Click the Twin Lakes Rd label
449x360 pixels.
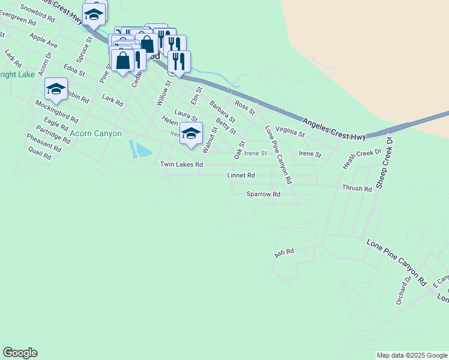click(x=181, y=164)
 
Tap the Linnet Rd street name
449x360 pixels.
click(x=241, y=176)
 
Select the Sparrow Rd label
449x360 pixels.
click(x=264, y=194)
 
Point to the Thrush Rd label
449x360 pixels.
click(x=357, y=188)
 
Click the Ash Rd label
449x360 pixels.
click(x=284, y=253)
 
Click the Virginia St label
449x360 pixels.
click(x=291, y=131)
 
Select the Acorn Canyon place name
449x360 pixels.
click(x=96, y=134)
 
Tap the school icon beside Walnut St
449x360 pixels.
click(x=191, y=133)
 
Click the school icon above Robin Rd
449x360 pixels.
click(x=56, y=89)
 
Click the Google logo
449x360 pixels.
click(x=20, y=353)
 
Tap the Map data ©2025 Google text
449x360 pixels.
click(x=412, y=355)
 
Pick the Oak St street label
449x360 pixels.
click(x=240, y=149)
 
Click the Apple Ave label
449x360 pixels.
click(x=43, y=41)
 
